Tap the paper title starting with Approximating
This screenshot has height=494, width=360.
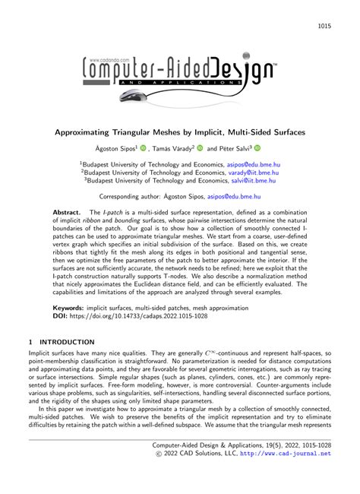179,131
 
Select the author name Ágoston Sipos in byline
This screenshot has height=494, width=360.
118,149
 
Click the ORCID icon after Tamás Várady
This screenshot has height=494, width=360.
200,149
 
